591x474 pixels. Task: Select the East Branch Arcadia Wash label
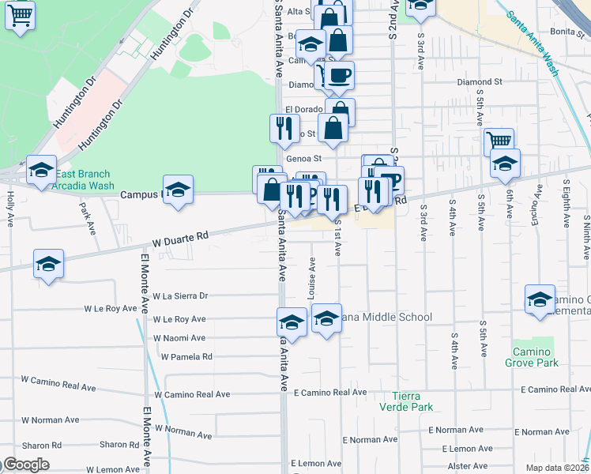point(82,180)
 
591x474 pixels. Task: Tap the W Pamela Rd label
point(186,357)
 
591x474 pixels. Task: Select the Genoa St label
point(301,160)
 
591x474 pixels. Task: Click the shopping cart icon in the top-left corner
point(20,15)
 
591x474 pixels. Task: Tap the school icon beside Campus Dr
point(179,190)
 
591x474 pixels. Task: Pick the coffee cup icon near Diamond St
point(339,76)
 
